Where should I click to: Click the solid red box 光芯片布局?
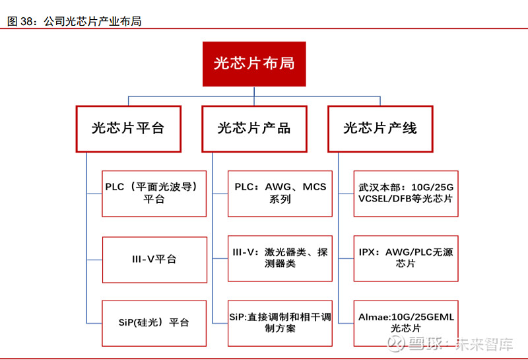[x=254, y=64]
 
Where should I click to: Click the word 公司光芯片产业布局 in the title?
[x=92, y=22]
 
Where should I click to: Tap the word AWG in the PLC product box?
[x=278, y=187]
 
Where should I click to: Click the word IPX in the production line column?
[x=367, y=252]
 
